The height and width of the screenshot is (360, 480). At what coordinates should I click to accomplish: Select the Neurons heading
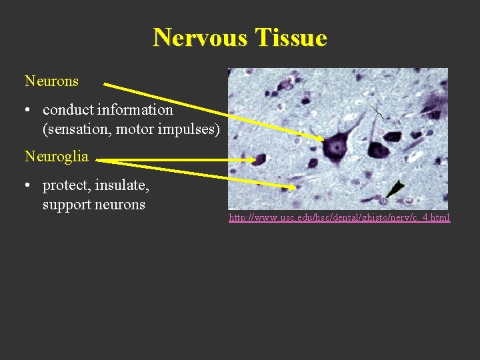(51, 81)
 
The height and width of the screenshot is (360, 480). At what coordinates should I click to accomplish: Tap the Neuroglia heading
(56, 157)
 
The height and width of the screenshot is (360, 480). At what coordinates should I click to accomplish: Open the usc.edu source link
(339, 217)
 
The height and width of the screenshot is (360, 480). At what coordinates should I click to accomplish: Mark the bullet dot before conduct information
(31, 110)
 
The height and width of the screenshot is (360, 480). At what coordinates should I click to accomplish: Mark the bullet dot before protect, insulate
(31, 186)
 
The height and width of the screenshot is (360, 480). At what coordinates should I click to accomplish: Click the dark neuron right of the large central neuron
(379, 149)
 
